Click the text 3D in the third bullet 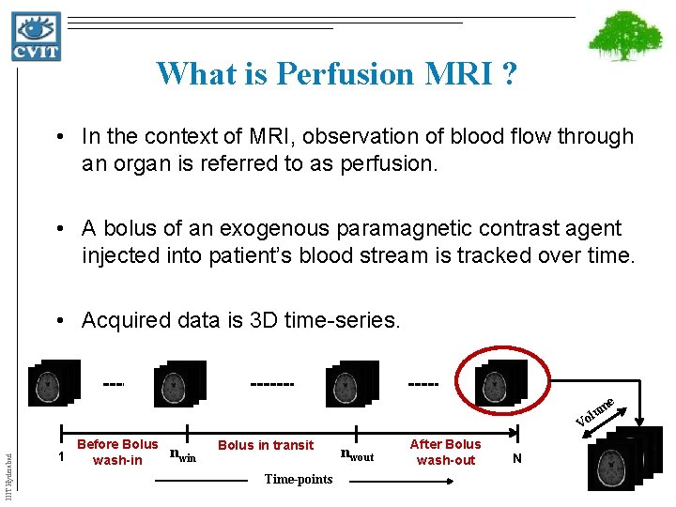click(x=264, y=320)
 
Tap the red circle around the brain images click(x=500, y=382)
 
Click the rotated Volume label click(x=595, y=410)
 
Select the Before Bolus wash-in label click(x=117, y=452)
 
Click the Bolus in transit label click(x=266, y=445)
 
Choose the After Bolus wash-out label click(x=446, y=452)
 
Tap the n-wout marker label click(x=357, y=456)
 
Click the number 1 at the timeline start click(x=60, y=457)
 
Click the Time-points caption click(x=298, y=480)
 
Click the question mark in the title click(x=508, y=72)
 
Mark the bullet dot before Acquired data click(x=59, y=321)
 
